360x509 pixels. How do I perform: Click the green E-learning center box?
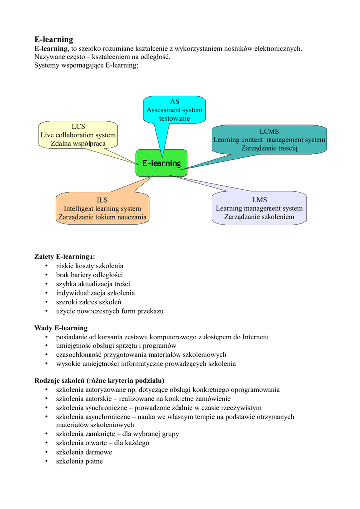pos(161,163)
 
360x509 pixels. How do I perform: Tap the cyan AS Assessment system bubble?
pos(175,110)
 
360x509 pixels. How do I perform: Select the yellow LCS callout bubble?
pos(78,135)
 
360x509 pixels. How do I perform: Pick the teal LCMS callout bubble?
pos(269,140)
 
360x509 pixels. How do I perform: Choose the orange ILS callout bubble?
pos(102,208)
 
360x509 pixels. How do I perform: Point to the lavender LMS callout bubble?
pos(259,208)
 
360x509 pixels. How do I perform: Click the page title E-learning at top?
pos(54,39)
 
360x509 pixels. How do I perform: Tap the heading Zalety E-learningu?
pos(65,257)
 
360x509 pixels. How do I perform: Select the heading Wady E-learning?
pos(61,328)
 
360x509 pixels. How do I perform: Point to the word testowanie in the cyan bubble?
pos(175,118)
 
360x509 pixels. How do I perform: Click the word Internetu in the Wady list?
pos(255,337)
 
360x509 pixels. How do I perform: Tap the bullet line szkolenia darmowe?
pos(84,452)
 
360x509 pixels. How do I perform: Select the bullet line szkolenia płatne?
pos(79,461)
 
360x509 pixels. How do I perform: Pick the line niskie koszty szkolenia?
pos(90,266)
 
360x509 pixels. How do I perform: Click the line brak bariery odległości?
pos(90,275)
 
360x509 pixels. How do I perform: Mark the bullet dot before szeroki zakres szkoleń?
pos(47,302)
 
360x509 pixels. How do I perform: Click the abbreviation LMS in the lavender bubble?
pos(259,200)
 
